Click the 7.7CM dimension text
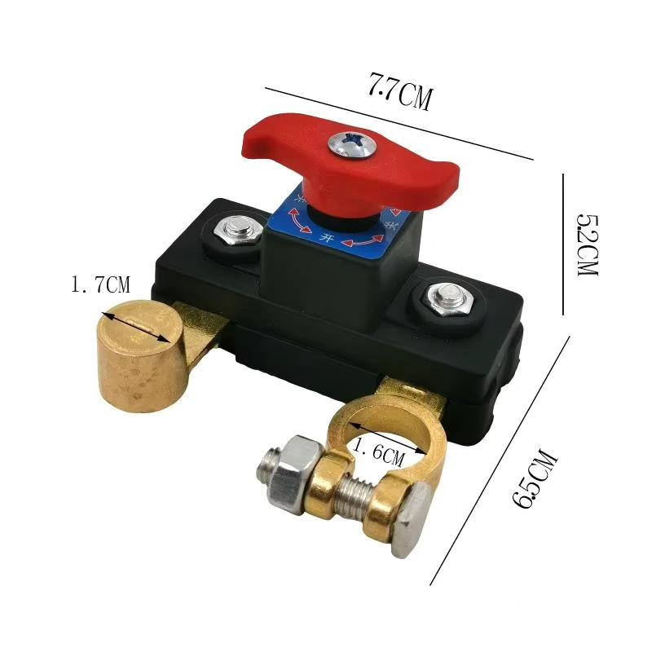click(399, 91)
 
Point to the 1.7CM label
click(100, 285)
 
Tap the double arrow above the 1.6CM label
click(382, 437)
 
